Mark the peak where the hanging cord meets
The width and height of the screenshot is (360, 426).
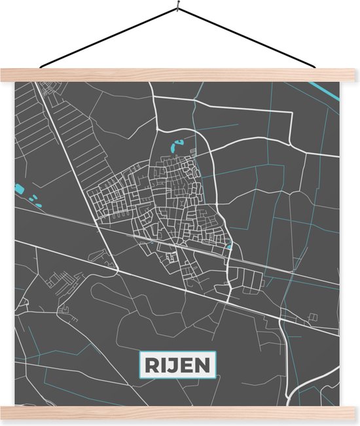click(178, 9)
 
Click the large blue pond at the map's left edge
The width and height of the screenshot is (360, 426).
click(19, 190)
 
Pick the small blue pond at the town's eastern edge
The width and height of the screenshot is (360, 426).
click(229, 247)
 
